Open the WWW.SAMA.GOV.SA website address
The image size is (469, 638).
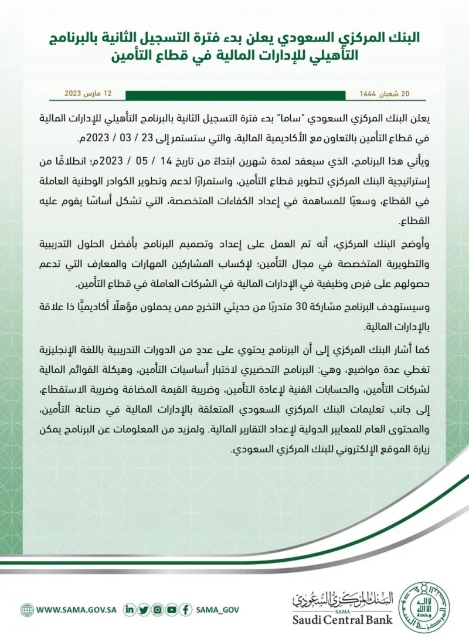tap(76, 609)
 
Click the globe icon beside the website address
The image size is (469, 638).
tap(26, 609)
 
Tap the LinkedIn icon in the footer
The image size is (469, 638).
tap(130, 609)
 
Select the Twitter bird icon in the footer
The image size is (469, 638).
tap(143, 609)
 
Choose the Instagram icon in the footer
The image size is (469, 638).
tap(157, 609)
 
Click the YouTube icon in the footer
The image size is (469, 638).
tap(171, 609)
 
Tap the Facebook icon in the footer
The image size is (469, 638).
tap(185, 609)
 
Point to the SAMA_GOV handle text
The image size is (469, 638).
tap(218, 609)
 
